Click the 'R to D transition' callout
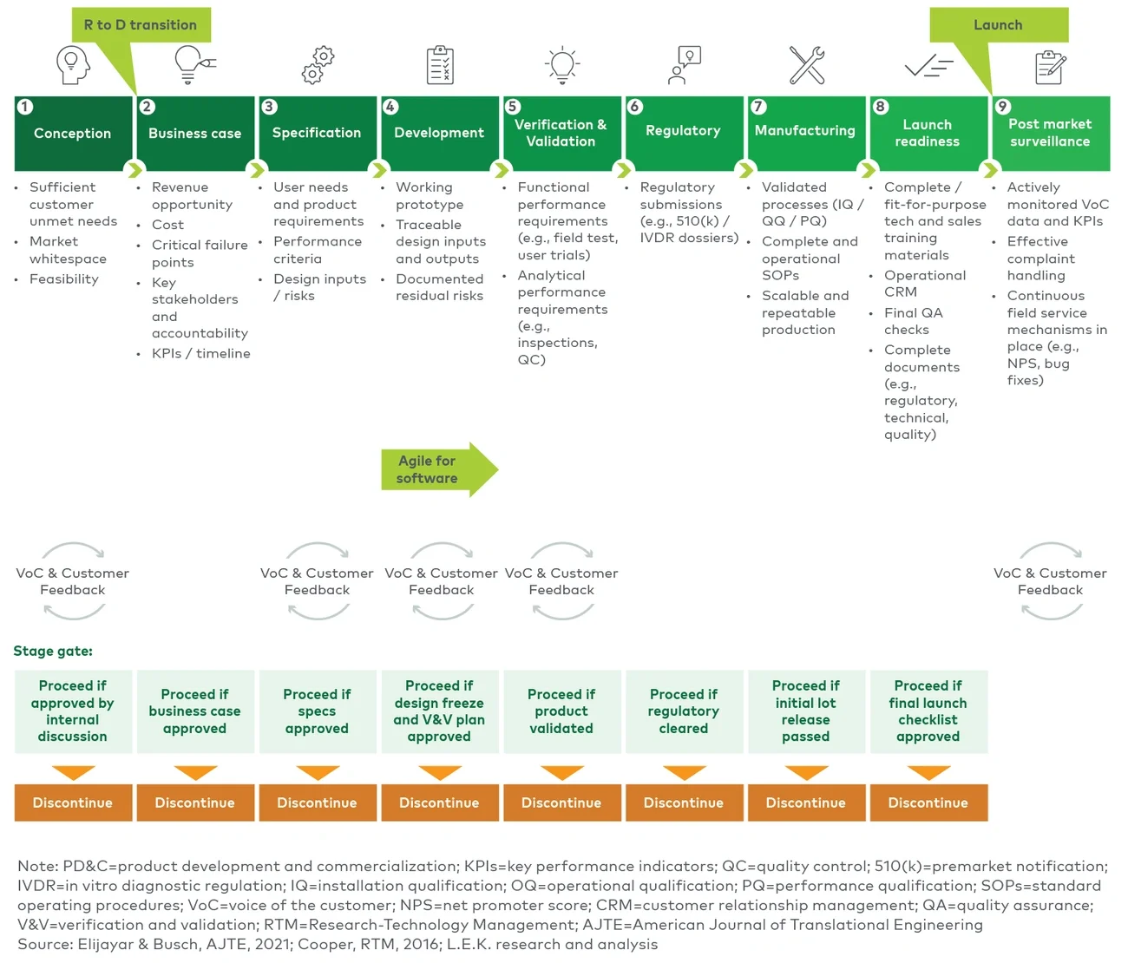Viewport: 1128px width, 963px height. click(141, 25)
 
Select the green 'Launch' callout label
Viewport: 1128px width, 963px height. click(998, 25)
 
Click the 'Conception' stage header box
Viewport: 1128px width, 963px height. click(73, 134)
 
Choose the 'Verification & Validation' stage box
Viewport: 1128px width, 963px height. click(561, 134)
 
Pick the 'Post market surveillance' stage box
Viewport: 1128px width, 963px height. click(1050, 134)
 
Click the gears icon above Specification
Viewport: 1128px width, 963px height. click(318, 65)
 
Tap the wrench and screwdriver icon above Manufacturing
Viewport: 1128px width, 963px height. click(806, 65)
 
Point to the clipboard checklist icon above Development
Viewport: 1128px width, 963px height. click(440, 65)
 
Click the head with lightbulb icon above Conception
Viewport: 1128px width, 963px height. click(73, 65)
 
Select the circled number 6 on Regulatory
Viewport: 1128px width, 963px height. click(635, 107)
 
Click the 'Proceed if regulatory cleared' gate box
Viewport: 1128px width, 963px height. click(684, 711)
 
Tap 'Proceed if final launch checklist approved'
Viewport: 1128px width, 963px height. click(928, 711)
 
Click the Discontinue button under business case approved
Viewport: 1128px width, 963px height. click(195, 802)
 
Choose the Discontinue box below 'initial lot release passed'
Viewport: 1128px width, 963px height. click(806, 802)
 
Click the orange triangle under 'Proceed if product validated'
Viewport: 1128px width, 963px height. click(561, 772)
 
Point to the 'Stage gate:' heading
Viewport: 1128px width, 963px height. click(53, 651)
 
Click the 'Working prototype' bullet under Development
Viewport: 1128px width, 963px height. click(430, 196)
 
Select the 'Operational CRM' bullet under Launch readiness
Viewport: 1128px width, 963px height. click(924, 284)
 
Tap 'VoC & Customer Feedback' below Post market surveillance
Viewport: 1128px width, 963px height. click(1050, 581)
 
